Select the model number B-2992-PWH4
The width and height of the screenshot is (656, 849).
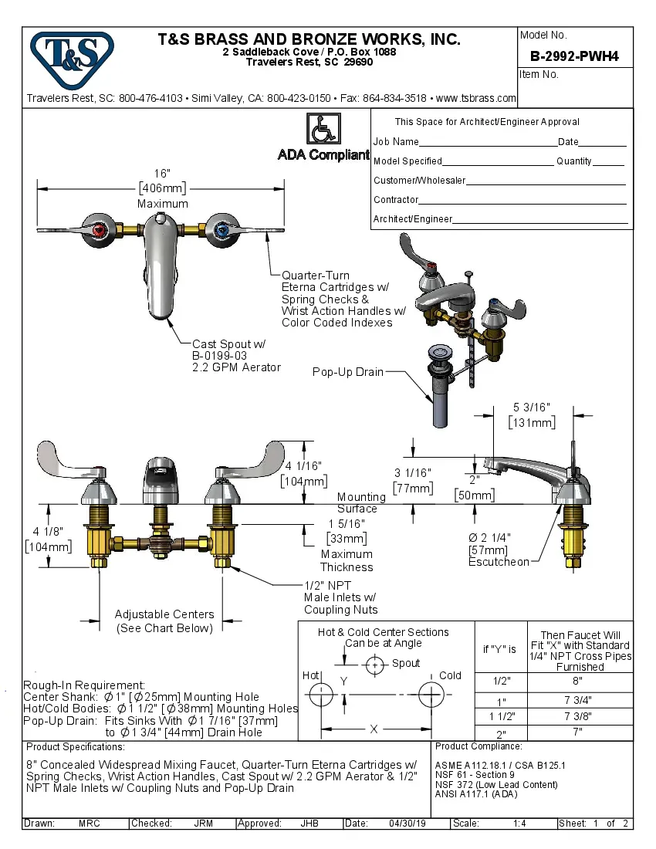click(x=574, y=56)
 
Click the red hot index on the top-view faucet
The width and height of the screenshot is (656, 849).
click(x=98, y=229)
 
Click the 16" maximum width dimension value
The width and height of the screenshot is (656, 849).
click(x=162, y=174)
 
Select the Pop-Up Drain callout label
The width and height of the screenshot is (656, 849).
click(x=347, y=372)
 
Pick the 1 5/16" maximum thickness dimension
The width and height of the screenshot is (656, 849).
click(x=347, y=524)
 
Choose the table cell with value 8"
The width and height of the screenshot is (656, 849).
click(x=580, y=681)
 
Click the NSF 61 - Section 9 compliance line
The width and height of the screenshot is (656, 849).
click(x=475, y=775)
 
